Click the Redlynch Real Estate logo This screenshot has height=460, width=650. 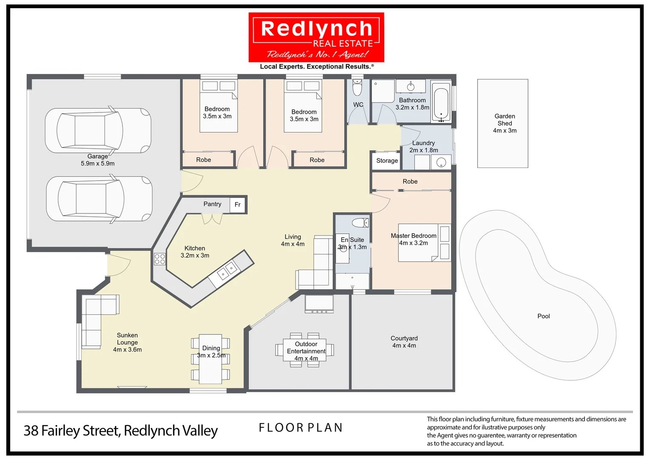click(316, 37)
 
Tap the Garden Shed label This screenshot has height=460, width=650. click(505, 123)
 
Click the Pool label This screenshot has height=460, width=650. click(543, 316)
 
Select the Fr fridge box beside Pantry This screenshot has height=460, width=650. click(238, 205)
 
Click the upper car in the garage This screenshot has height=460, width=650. click(98, 130)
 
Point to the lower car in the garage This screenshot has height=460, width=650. click(99, 199)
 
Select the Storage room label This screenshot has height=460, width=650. click(387, 161)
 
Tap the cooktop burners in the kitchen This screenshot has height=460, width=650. click(160, 259)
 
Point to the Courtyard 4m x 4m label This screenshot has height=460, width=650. click(404, 342)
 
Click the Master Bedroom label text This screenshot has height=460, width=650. click(413, 236)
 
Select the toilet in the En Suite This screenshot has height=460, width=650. click(361, 222)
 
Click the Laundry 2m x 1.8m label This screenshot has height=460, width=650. click(423, 147)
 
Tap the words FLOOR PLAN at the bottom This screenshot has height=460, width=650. click(300, 428)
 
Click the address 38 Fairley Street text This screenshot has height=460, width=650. click(120, 431)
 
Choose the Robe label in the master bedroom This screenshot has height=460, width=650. click(410, 181)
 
